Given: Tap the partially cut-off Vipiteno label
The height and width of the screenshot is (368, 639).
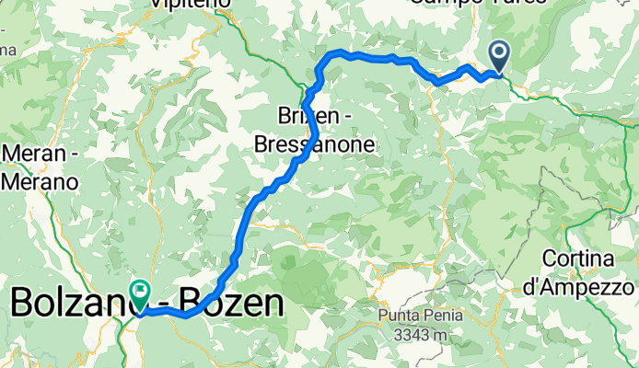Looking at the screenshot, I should [x=192, y=4].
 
